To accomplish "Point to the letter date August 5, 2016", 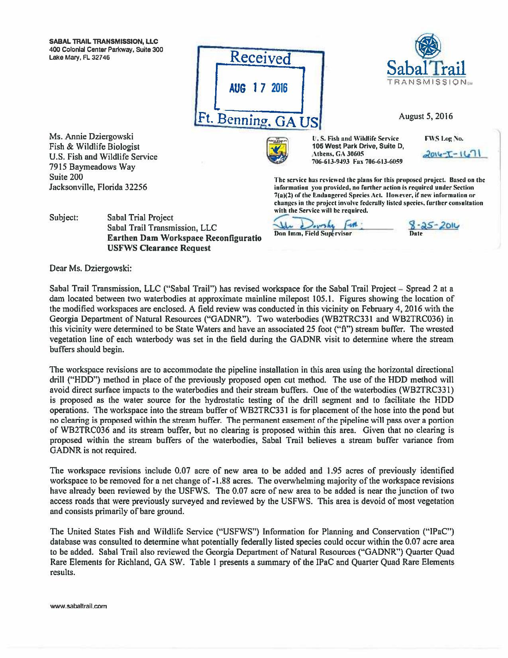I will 426,117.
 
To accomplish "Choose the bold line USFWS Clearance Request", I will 159,248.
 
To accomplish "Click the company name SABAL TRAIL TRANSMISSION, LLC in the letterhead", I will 104,41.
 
